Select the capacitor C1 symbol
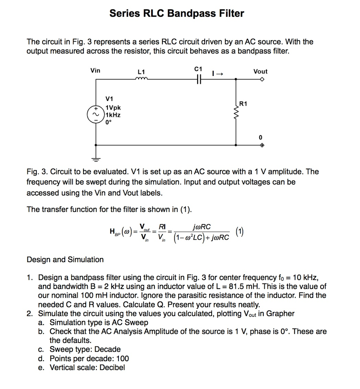pos(198,79)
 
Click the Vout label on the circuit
pos(261,71)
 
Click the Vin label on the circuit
pos(95,70)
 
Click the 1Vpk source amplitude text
pos(113,108)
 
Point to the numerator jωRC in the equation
pos(202,227)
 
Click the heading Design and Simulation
pos(65,260)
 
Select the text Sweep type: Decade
pos(85,349)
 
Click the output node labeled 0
pos(261,137)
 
